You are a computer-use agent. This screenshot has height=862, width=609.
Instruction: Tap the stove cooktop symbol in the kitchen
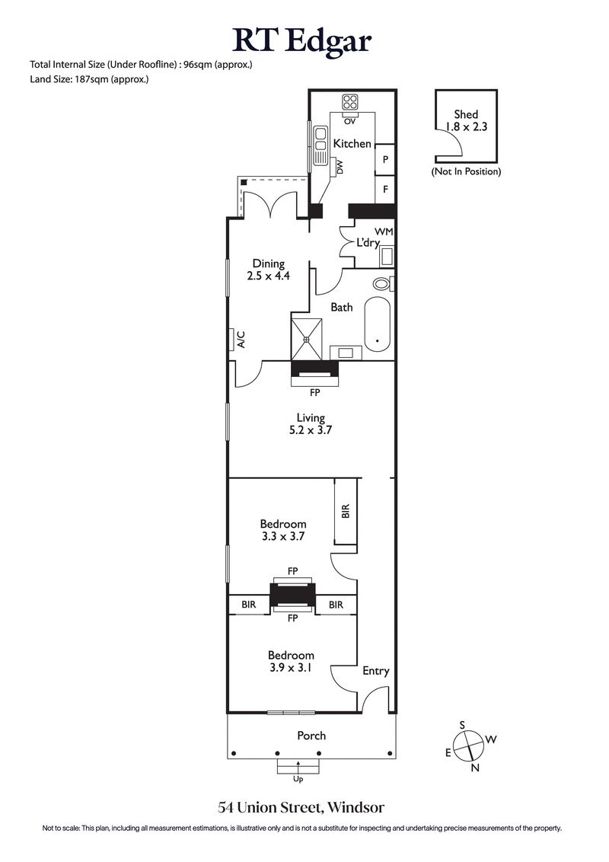click(x=350, y=102)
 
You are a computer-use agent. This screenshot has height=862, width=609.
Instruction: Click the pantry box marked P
click(x=386, y=159)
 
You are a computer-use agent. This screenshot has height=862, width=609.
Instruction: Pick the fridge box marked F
click(x=386, y=188)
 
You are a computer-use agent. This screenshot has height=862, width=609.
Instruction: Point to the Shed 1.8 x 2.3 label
click(x=466, y=121)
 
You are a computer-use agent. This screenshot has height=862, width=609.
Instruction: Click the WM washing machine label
click(x=382, y=231)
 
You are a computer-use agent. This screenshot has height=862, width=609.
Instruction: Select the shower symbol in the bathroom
click(x=308, y=337)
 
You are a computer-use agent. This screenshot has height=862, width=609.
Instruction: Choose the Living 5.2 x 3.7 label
click(x=311, y=423)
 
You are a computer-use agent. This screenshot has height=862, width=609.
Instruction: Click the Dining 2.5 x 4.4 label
click(x=268, y=270)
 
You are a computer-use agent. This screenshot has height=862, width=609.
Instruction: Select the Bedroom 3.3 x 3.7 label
click(x=283, y=530)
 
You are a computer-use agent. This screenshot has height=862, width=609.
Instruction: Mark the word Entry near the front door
click(x=375, y=671)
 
